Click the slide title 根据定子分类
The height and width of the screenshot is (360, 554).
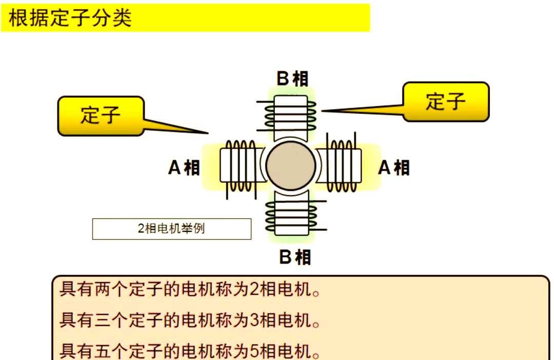[x=70, y=18]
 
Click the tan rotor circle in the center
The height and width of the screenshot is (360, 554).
[x=290, y=165]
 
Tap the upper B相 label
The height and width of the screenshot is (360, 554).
[x=292, y=79]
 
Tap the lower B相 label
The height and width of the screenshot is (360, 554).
[x=294, y=256]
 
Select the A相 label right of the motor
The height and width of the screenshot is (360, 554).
[x=394, y=168]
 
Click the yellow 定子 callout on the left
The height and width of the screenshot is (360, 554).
[x=101, y=115]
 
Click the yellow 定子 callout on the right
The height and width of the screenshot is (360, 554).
[x=445, y=102]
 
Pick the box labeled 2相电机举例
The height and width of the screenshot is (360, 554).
[x=171, y=229]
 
